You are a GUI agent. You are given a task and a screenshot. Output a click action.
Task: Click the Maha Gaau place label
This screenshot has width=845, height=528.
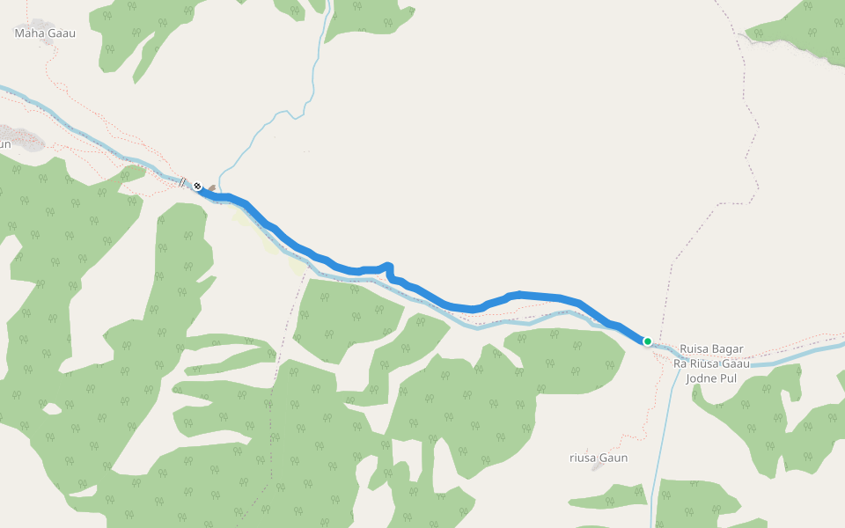point(45,33)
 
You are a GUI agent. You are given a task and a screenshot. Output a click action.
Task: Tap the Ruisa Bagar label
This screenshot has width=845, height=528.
point(711,349)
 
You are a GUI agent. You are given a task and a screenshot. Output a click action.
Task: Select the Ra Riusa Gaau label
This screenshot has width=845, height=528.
point(711,363)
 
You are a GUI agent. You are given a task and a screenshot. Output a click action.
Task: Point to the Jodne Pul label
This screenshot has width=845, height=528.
point(711,378)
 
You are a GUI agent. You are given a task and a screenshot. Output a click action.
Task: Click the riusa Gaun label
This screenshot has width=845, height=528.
point(599,458)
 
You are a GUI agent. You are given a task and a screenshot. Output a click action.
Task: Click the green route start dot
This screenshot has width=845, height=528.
point(647,341)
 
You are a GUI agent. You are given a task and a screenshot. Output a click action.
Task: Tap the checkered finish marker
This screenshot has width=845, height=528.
point(198,186)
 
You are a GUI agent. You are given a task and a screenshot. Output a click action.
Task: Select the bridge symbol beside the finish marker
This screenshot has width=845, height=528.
point(182,183)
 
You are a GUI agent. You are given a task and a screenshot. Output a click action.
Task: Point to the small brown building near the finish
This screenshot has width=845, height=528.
point(211,187)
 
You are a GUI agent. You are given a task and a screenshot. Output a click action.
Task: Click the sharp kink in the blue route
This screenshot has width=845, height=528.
point(388,268)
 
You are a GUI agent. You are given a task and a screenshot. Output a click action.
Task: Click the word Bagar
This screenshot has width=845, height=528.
point(727,349)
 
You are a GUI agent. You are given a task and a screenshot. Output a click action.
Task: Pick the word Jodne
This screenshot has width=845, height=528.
point(701,378)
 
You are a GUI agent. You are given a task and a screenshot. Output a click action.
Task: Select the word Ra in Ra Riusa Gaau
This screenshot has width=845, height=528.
point(680,363)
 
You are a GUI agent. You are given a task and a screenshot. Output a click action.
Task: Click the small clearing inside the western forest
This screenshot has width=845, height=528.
point(51,408)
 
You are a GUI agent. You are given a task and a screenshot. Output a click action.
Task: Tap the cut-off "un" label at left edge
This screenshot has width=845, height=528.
point(4,143)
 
